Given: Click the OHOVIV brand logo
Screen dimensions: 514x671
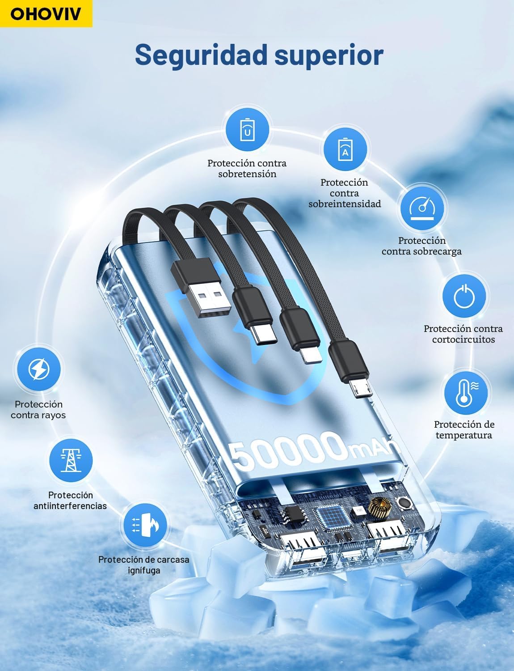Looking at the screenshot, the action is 46,13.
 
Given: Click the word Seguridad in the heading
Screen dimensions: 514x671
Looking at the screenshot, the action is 201,55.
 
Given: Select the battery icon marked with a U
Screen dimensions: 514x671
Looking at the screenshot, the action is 247,129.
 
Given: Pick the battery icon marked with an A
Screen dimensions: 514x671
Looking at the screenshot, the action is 345,149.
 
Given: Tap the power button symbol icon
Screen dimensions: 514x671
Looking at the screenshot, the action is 464,296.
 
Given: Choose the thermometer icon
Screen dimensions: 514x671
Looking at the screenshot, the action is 466,393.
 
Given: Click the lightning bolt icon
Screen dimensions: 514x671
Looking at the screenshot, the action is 38,369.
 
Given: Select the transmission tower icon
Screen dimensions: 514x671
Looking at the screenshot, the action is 71,460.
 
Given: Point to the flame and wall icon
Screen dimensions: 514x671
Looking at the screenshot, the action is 145,525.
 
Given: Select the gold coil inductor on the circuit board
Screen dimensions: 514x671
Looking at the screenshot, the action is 382,507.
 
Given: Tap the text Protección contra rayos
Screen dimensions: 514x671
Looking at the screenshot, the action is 38,409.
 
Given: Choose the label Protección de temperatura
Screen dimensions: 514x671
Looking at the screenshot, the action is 464,429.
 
